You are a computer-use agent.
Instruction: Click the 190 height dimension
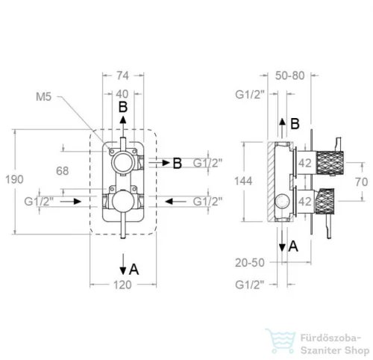(x=14, y=179)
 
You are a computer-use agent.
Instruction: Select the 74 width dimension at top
(x=123, y=75)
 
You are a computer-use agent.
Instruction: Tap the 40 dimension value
(x=122, y=94)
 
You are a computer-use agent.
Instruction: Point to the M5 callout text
(x=43, y=96)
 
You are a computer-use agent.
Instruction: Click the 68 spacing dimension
(x=62, y=171)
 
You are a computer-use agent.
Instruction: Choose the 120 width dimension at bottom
(x=122, y=285)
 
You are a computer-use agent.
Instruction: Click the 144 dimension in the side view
(x=243, y=181)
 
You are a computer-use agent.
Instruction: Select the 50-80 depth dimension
(x=290, y=75)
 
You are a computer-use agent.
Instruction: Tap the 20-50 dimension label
(x=250, y=263)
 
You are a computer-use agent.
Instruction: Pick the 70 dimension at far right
(x=362, y=182)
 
